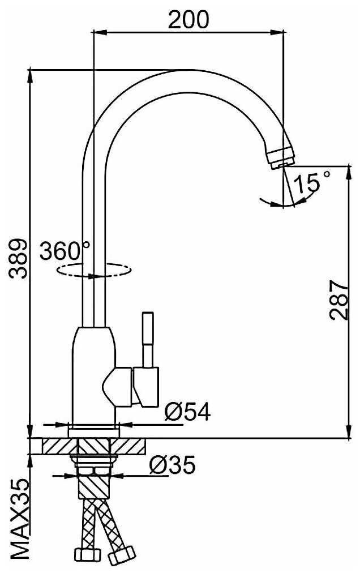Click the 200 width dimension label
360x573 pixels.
(x=188, y=19)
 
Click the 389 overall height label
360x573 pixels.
(x=18, y=259)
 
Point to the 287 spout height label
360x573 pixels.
(x=339, y=301)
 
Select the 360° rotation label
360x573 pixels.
(x=65, y=250)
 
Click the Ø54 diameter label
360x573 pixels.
(x=187, y=412)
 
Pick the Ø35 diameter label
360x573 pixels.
(x=172, y=464)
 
